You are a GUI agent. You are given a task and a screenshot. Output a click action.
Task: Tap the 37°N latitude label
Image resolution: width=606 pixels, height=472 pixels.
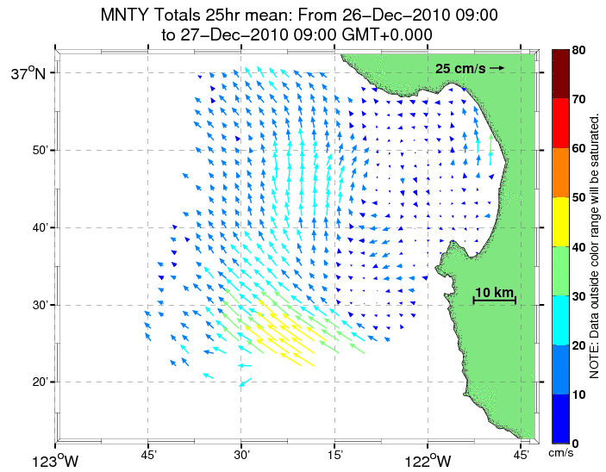tap(28, 74)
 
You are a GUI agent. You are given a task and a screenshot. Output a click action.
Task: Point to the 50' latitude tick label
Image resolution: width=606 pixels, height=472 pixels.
tap(38, 151)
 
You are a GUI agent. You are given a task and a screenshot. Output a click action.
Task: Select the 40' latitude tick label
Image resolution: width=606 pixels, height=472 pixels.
tap(38, 228)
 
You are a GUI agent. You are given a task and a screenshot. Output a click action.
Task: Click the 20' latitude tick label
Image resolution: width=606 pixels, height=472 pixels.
tap(38, 382)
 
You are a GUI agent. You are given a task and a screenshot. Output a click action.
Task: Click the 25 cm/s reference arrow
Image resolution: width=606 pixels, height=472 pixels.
tap(496, 67)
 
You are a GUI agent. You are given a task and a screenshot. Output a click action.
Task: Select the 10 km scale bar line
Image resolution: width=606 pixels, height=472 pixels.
tap(495, 301)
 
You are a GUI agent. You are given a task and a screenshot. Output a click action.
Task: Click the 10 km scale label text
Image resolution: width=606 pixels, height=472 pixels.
tap(495, 291)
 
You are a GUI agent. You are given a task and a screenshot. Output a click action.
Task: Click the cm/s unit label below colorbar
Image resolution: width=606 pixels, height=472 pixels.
tap(562, 452)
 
